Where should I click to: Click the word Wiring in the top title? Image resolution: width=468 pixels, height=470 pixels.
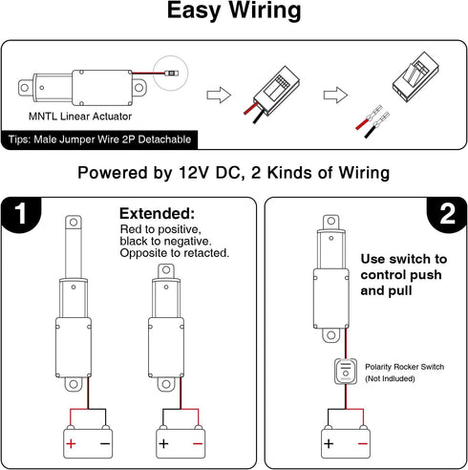coord(265,11)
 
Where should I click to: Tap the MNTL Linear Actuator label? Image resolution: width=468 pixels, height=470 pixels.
coord(80,117)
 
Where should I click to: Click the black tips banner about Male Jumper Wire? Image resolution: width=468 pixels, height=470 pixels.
coord(99,139)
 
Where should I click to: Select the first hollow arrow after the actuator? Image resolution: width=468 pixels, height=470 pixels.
coord(219,95)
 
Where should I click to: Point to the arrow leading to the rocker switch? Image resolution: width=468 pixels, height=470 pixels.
coord(335,95)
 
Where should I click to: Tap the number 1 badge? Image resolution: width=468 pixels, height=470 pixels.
coord(21,214)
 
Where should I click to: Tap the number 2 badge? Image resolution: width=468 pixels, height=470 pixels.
coord(447,214)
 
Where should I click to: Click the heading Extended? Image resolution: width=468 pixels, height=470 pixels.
coord(157,213)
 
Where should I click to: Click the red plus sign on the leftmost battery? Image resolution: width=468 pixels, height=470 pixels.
coord(71,443)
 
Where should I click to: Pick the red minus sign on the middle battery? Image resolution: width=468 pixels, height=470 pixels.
coord(198,443)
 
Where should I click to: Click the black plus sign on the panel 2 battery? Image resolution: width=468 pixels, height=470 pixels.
coord(329,443)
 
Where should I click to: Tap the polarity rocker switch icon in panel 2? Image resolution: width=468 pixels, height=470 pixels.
coord(346,371)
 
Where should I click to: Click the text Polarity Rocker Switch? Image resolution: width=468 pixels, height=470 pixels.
coord(404,367)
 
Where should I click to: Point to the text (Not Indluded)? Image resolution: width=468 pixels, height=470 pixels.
coord(390,378)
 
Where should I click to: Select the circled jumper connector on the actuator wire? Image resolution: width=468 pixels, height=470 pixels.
coord(171,74)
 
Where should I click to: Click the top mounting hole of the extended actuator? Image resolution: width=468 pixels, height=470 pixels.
coord(74,222)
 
